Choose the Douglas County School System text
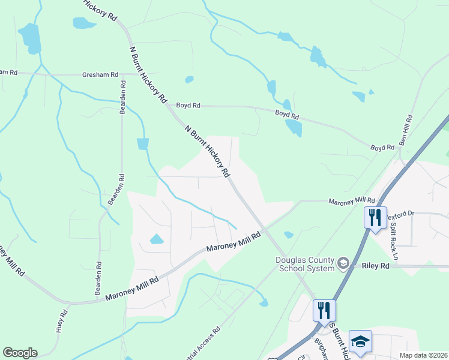pos(306,264)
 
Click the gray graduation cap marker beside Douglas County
pos(343,263)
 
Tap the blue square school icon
pos(360,341)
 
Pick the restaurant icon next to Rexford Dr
pos(375,217)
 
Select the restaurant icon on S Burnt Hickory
pos(324,311)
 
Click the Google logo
pos(19,353)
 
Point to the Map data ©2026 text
pos(423,355)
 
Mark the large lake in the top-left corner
pos(29,38)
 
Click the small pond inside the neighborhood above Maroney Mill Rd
pos(156,239)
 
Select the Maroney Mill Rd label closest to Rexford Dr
pos(352,200)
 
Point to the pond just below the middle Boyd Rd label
pos(294,128)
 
